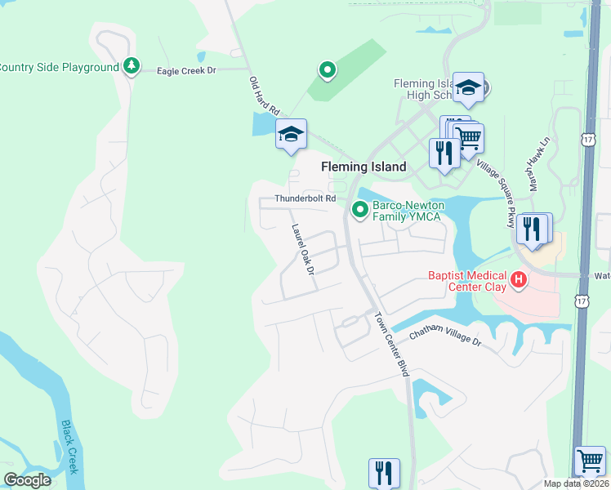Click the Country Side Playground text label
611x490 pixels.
59,67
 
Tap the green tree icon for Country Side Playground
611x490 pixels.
132,66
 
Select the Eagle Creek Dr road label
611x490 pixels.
186,71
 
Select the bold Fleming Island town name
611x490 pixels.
363,167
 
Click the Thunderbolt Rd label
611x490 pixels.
305,198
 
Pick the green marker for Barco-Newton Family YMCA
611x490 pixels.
359,211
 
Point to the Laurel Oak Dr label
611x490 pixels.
300,249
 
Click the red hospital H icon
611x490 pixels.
518,282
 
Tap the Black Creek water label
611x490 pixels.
69,447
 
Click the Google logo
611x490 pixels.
27,480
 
